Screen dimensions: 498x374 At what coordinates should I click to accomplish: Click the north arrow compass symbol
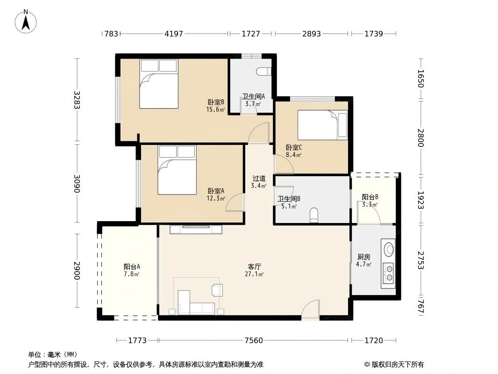(26, 22)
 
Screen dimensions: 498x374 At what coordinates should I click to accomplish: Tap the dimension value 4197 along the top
(174, 34)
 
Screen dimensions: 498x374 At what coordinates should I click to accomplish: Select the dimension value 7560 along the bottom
(254, 341)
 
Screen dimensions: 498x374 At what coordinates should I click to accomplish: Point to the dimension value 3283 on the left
(77, 100)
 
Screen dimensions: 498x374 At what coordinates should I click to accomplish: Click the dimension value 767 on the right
(420, 307)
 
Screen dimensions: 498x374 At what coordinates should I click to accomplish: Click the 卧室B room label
(216, 102)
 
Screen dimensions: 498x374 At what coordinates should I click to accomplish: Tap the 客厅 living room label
(255, 266)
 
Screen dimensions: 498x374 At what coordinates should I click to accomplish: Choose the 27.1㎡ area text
(254, 274)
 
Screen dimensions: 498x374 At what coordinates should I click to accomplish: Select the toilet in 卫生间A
(264, 72)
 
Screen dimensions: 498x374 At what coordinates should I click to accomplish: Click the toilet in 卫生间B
(314, 215)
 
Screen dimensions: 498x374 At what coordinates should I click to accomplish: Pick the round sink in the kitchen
(389, 249)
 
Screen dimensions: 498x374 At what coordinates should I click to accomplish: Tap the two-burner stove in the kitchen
(388, 273)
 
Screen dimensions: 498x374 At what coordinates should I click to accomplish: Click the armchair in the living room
(217, 290)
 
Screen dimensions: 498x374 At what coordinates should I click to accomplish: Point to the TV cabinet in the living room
(196, 230)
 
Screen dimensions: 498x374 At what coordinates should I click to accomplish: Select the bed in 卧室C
(322, 125)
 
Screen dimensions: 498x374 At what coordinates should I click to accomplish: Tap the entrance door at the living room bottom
(310, 309)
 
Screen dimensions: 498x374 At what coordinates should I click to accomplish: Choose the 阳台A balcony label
(132, 266)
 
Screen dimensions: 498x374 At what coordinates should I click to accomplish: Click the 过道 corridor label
(259, 179)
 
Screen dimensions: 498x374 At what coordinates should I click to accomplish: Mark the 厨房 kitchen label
(363, 257)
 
